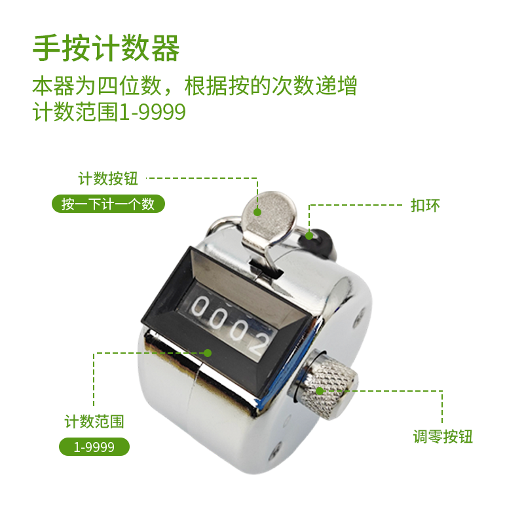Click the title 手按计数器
106,48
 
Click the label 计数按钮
108,178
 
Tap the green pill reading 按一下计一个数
108,204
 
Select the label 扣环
425,205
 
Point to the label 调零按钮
443,436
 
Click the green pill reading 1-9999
94,447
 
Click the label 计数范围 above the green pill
94,421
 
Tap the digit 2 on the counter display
259,343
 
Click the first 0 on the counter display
200,307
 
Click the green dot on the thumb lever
257,212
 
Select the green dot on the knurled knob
320,390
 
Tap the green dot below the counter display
208,353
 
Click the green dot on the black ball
309,236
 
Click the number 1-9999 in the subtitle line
153,112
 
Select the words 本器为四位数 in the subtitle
97,86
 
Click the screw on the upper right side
359,318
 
